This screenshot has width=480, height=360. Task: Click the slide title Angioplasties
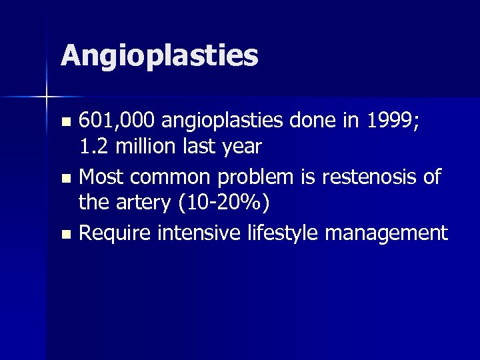coord(159,56)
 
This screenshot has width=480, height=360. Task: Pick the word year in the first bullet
coord(240,145)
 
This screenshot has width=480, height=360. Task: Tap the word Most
coord(100,177)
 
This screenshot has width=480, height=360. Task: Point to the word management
coord(388,234)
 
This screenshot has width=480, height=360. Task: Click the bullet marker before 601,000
coord(65,123)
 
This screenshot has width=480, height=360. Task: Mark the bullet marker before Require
coord(65,235)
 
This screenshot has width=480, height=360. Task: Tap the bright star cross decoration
coord(46,97)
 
